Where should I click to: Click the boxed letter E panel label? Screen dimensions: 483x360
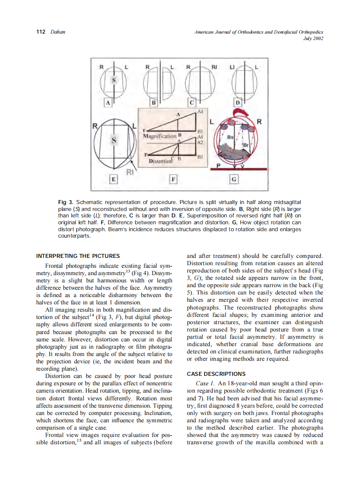click(113, 179)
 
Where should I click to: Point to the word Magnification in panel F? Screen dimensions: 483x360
click(159, 136)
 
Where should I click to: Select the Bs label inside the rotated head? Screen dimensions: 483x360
click(230, 137)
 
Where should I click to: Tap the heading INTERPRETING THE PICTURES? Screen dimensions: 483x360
click(78, 256)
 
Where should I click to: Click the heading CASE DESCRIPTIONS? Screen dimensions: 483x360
click(216, 374)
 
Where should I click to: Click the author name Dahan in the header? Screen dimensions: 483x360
click(58, 32)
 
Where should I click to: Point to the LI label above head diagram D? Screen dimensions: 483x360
click(232, 68)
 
